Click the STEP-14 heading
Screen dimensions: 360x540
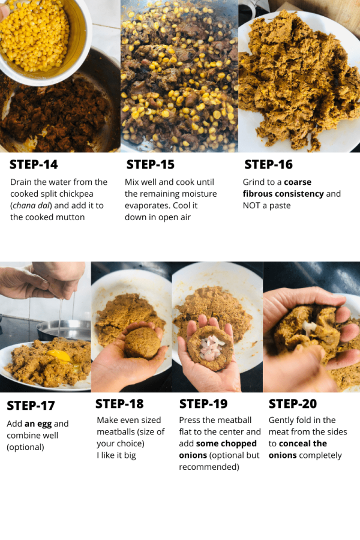tap(34, 164)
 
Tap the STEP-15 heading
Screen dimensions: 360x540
tap(151, 164)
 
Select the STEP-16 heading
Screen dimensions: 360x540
tap(268, 164)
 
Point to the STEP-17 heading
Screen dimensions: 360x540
tap(31, 406)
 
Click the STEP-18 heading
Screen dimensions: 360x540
tap(119, 404)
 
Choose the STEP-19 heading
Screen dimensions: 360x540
tap(203, 404)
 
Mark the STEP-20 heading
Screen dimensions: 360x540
tap(292, 404)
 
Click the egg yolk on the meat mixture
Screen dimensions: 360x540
tap(59, 355)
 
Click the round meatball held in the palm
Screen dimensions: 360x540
tap(142, 343)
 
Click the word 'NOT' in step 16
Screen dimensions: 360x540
tap(251, 206)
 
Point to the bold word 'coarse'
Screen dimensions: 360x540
tap(298, 182)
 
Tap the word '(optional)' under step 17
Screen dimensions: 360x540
tap(25, 448)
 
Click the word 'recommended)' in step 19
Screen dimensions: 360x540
tap(209, 467)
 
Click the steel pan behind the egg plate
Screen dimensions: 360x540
tap(64, 329)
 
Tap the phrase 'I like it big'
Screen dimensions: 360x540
tap(116, 455)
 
